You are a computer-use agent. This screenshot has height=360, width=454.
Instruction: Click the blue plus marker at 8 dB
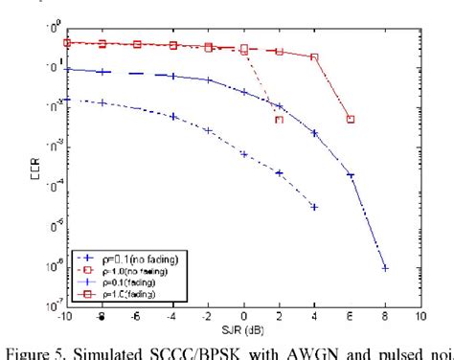(x=385, y=268)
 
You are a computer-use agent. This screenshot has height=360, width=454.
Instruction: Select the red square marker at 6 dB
(x=351, y=119)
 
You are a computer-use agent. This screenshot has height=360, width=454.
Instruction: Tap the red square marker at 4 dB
(x=314, y=57)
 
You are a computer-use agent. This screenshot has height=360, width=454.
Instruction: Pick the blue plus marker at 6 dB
(x=351, y=175)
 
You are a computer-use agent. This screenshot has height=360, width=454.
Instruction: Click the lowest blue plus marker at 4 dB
(x=314, y=206)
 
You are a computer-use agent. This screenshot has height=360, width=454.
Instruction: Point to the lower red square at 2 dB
(x=279, y=120)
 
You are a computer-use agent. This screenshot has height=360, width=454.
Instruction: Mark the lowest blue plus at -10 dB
(x=66, y=98)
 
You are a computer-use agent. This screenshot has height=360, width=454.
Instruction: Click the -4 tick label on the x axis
(x=172, y=317)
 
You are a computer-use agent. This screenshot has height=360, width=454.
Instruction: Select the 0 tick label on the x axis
(x=243, y=317)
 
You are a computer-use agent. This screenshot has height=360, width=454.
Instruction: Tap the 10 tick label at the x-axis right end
(x=420, y=317)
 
